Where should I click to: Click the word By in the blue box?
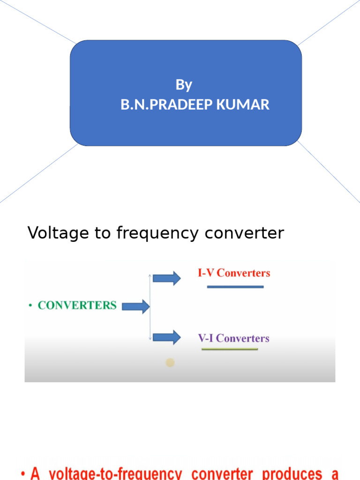[184, 85]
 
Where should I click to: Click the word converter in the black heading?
[247, 233]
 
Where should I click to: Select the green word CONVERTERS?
[77, 306]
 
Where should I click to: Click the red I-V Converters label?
[234, 273]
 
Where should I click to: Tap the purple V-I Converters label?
[233, 338]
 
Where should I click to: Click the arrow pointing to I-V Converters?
[167, 278]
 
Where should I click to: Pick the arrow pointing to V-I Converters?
[167, 337]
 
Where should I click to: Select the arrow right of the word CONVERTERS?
[135, 307]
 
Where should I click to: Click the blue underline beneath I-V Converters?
[235, 286]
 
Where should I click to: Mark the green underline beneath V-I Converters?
[230, 349]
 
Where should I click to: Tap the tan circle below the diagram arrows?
[170, 362]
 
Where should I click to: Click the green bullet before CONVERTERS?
[30, 306]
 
